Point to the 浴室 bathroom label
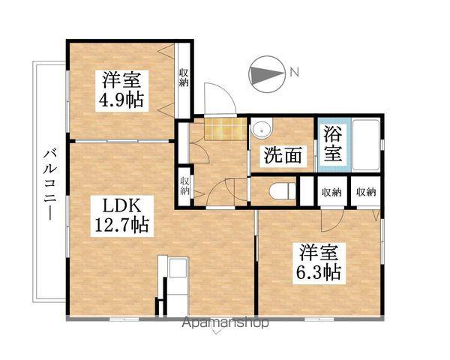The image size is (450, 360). pyautogui.click(x=333, y=145)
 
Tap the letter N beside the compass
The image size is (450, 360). pyautogui.click(x=295, y=73)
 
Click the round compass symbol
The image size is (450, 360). pyautogui.click(x=265, y=73)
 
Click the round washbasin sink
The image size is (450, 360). pyautogui.click(x=261, y=130)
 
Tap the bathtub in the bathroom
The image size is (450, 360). pyautogui.click(x=364, y=145)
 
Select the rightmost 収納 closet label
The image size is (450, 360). pyautogui.click(x=365, y=192)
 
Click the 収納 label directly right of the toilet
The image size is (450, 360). pyautogui.click(x=331, y=192)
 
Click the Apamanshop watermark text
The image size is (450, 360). pyautogui.click(x=225, y=324)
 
